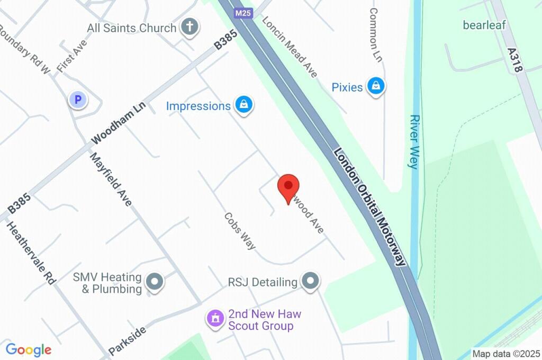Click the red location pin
coord(288,187)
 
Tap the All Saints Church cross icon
coord(189,26)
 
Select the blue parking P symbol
coord(78,99)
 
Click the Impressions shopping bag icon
coord(243,105)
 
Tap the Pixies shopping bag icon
coord(376,86)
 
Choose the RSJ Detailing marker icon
coord(310,281)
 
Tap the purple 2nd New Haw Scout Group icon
coord(215,318)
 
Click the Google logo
coord(29,350)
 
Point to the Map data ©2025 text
coord(506,354)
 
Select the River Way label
coord(414,141)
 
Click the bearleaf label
coord(484,25)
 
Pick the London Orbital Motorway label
coord(370,206)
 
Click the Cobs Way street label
coord(240,231)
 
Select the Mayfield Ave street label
coord(111,179)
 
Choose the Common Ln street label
coord(375,34)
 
